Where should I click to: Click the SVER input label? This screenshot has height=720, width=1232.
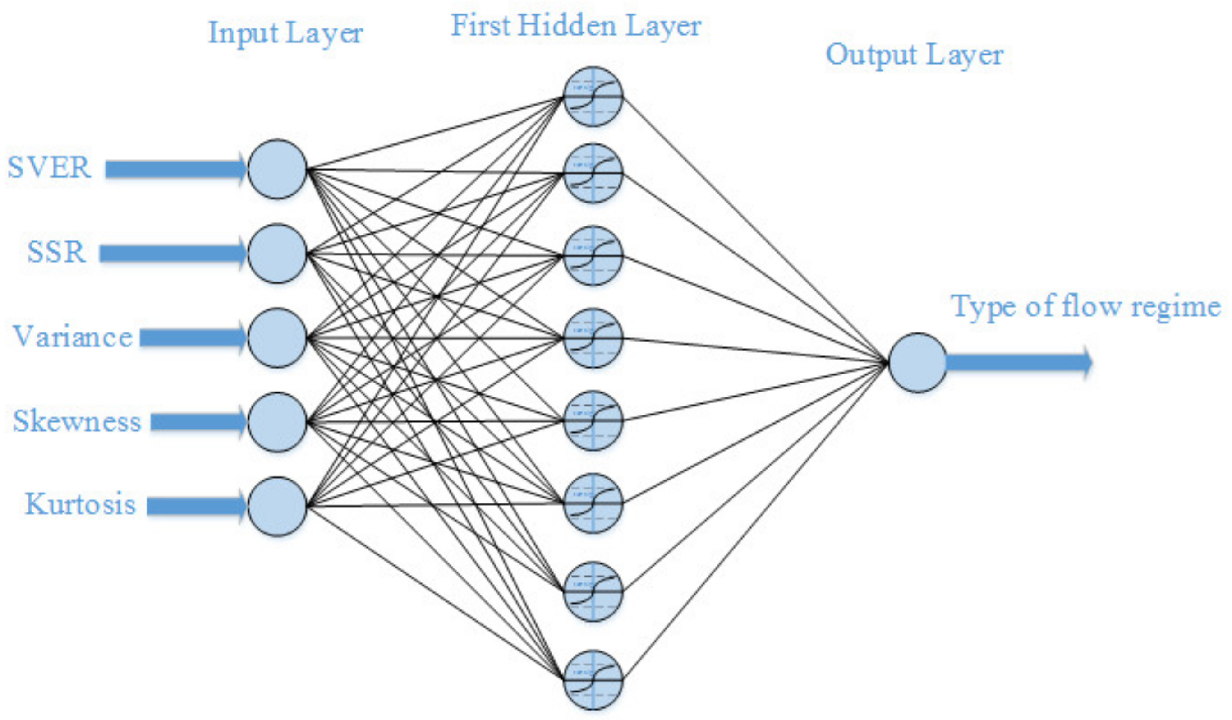[49, 167]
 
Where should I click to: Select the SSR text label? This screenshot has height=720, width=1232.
[57, 252]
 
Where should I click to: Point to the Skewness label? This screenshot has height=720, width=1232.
[77, 421]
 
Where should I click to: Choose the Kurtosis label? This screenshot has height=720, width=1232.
[80, 504]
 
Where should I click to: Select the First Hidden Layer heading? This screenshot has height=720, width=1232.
[576, 26]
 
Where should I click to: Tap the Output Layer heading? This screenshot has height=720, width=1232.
[914, 55]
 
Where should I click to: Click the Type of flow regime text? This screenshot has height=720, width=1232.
[1085, 307]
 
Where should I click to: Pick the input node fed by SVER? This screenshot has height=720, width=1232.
[277, 169]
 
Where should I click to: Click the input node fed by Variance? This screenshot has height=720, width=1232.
[277, 337]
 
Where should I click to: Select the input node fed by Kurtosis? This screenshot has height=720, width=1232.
[277, 506]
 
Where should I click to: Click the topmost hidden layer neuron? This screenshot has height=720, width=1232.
[593, 97]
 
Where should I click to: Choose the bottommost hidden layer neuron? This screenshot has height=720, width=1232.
[593, 679]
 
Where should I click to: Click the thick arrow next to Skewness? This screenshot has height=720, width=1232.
[198, 422]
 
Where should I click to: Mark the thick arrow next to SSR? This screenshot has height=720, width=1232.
[173, 254]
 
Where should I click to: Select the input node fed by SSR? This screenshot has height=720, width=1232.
[277, 254]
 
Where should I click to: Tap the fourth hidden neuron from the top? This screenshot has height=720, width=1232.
[593, 337]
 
